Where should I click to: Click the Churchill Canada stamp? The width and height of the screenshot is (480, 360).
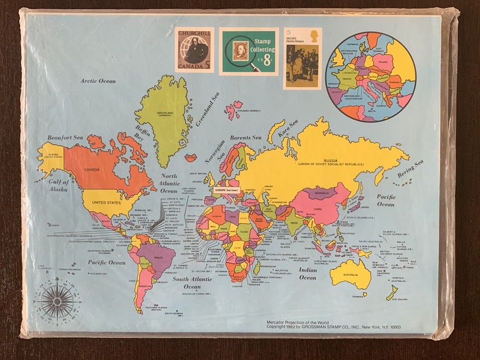[194, 50]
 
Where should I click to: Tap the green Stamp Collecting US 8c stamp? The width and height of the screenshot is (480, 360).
[249, 51]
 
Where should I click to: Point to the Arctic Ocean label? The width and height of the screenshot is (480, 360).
[98, 81]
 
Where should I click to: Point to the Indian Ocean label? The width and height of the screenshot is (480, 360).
[308, 274]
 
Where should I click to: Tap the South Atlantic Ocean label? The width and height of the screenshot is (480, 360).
[192, 283]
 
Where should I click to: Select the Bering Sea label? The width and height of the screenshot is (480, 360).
[411, 168]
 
